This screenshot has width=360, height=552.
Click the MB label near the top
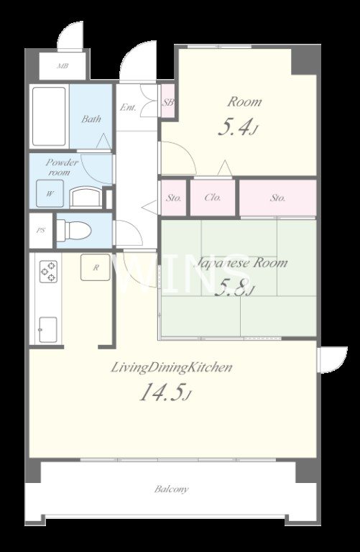pyautogui.click(x=63, y=66)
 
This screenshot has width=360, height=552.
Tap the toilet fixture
pyautogui.click(x=74, y=231)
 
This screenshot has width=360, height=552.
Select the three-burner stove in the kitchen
pyautogui.click(x=48, y=272)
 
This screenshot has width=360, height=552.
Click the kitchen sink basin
pyautogui.click(x=48, y=329)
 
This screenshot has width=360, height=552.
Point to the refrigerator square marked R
pyautogui.click(x=96, y=267)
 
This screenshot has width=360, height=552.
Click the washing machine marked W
pyautogui.click(x=50, y=193)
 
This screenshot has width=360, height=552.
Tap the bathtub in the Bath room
pyautogui.click(x=49, y=116)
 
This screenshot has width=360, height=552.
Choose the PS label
pyautogui.click(x=41, y=231)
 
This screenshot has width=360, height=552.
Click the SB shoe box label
pyautogui.click(x=168, y=103)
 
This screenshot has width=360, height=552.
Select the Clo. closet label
pyautogui.click(x=213, y=198)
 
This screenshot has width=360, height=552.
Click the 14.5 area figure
pyautogui.click(x=165, y=392)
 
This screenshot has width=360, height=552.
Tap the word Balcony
pyautogui.click(x=172, y=489)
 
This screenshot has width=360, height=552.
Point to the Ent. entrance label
pyautogui.click(x=128, y=107)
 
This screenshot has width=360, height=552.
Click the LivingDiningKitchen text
pyautogui.click(x=172, y=368)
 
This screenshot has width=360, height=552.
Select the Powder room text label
pyautogui.click(x=62, y=167)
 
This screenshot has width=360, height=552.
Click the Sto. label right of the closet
pyautogui.click(x=277, y=198)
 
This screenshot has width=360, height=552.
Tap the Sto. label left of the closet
pyautogui.click(x=174, y=198)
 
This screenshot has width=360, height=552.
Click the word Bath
pyautogui.click(x=91, y=119)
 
